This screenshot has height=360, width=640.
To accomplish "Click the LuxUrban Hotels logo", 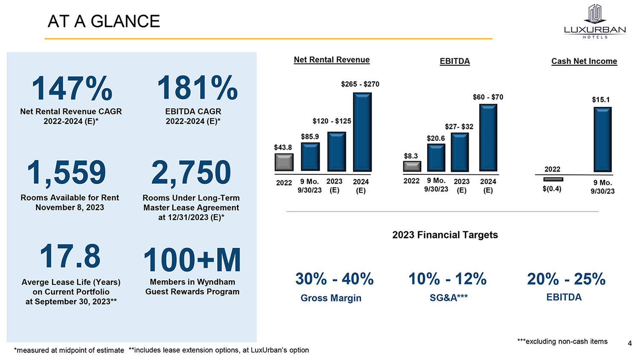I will click(x=595, y=21).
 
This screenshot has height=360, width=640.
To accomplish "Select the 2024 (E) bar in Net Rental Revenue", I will click(x=362, y=132).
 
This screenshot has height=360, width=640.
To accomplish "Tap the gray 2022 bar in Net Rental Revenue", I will click(x=284, y=162).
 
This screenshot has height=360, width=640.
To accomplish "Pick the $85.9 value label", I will click(x=310, y=136).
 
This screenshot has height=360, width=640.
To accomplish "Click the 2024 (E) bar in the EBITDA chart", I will click(x=488, y=138).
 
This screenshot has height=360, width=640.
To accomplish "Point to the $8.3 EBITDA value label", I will click(x=411, y=156).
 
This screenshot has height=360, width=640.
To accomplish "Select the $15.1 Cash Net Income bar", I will click(x=602, y=139).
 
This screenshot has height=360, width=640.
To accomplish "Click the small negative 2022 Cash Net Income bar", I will click(x=553, y=179).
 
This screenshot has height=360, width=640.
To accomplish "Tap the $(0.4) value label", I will click(x=552, y=189).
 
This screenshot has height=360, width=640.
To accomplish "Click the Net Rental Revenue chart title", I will click(x=332, y=60).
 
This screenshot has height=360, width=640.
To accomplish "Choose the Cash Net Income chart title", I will click(x=584, y=61).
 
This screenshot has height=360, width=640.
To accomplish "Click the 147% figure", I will click(x=72, y=88).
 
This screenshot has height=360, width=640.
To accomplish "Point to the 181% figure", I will click(x=197, y=88).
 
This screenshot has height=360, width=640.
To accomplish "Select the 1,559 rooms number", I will click(x=67, y=173).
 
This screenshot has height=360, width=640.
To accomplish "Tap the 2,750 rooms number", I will click(x=191, y=173).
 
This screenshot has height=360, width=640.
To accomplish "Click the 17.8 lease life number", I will click(x=70, y=256).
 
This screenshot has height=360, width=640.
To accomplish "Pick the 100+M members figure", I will click(x=192, y=260).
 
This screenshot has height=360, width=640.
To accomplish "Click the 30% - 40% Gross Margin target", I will click(x=334, y=279).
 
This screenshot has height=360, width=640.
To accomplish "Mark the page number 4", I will click(x=629, y=343).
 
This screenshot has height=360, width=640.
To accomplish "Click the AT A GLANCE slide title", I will click(x=104, y=21).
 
